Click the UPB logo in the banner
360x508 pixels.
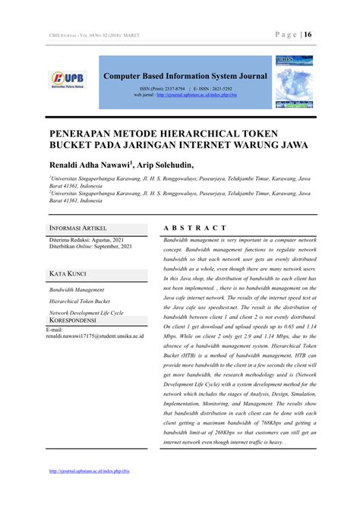[x=68, y=79]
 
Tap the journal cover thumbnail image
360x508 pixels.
[x=293, y=81]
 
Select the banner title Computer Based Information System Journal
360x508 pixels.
[x=185, y=76]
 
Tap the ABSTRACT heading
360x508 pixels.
[x=195, y=228]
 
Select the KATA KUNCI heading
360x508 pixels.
[x=68, y=273]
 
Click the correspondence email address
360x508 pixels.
[x=94, y=336]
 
